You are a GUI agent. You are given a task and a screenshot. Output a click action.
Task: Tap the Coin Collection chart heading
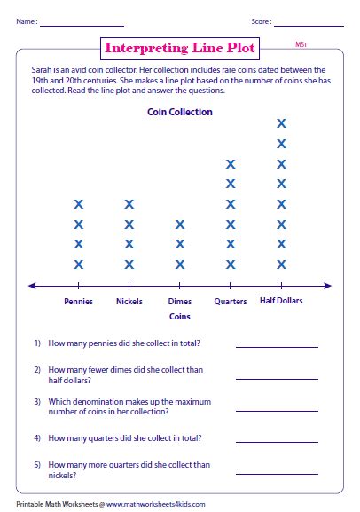click(179, 113)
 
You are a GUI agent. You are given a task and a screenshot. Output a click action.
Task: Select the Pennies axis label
click(78, 301)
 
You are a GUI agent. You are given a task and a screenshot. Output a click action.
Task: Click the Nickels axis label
click(129, 301)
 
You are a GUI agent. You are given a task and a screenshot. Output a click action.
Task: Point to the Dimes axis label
click(180, 301)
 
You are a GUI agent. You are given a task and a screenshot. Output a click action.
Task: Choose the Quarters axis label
click(231, 301)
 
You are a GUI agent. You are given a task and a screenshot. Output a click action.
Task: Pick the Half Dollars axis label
click(282, 301)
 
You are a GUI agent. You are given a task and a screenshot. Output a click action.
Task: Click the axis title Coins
click(180, 316)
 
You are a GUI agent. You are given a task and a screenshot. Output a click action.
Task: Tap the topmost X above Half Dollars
click(282, 123)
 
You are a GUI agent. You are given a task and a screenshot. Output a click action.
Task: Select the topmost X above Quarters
click(231, 164)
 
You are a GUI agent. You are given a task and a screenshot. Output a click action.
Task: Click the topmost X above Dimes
click(180, 224)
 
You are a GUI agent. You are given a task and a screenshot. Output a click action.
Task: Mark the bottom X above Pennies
click(79, 264)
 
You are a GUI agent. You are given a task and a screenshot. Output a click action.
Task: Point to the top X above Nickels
click(129, 204)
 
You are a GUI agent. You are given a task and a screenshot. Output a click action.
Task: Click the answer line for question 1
click(276, 347)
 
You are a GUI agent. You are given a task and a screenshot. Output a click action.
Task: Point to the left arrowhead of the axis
click(32, 285)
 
